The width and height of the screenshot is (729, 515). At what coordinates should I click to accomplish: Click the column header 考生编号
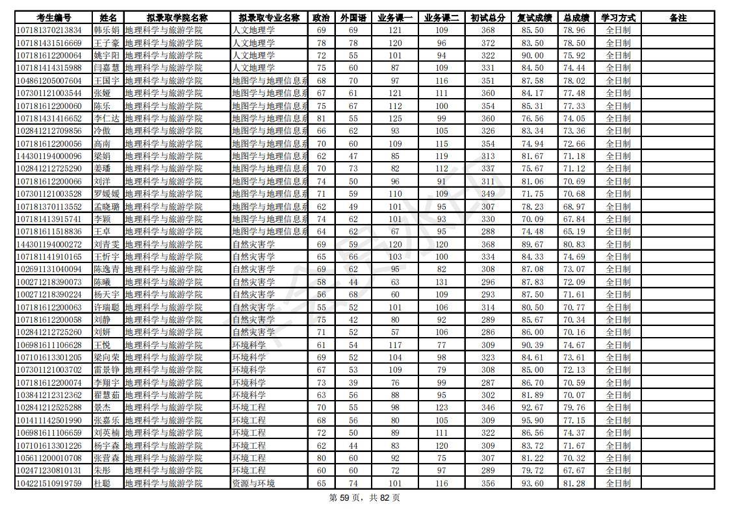point(53,18)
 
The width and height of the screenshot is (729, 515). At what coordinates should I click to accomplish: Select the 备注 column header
point(678,18)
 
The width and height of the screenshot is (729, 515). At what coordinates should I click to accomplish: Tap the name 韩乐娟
point(107,31)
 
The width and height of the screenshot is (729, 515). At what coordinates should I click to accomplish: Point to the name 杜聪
point(102,483)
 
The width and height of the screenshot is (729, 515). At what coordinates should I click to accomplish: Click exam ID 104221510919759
point(49,483)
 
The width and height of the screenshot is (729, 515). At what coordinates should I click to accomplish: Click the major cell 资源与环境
point(253,483)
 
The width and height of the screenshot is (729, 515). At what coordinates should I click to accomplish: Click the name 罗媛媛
point(107,194)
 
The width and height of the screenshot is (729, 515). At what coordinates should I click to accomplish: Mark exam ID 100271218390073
point(49,282)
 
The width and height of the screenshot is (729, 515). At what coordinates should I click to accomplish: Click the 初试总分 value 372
point(488,43)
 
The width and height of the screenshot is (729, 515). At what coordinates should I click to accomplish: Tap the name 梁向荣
point(107,357)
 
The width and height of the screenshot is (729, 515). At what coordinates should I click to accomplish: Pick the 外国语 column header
point(353,18)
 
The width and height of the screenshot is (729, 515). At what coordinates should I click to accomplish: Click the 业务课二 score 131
point(441,282)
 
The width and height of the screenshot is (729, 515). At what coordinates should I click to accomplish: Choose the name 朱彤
point(102,470)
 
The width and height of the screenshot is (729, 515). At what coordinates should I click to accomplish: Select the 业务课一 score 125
point(395,118)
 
